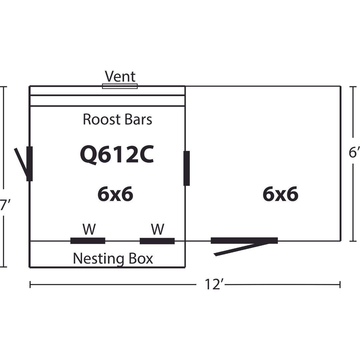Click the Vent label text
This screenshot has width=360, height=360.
tap(120, 76)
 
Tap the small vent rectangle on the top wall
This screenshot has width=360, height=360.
tap(120, 86)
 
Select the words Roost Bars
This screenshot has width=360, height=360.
tap(117, 119)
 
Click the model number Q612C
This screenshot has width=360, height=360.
tap(117, 155)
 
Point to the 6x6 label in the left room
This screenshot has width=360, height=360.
tap(115, 194)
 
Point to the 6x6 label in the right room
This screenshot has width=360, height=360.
tap(281, 194)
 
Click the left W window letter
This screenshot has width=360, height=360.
tap(89, 229)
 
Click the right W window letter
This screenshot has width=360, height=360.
tap(157, 229)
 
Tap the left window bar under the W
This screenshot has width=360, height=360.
tap(88, 241)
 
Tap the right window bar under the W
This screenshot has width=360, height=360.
tap(157, 241)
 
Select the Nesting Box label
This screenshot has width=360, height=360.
tap(113, 259)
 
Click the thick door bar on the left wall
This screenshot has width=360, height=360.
tap(30, 164)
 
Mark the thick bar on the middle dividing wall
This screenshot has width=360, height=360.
tap(187, 168)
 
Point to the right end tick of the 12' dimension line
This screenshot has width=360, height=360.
tap(340, 285)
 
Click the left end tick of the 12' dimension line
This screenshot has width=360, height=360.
tap(30, 285)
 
